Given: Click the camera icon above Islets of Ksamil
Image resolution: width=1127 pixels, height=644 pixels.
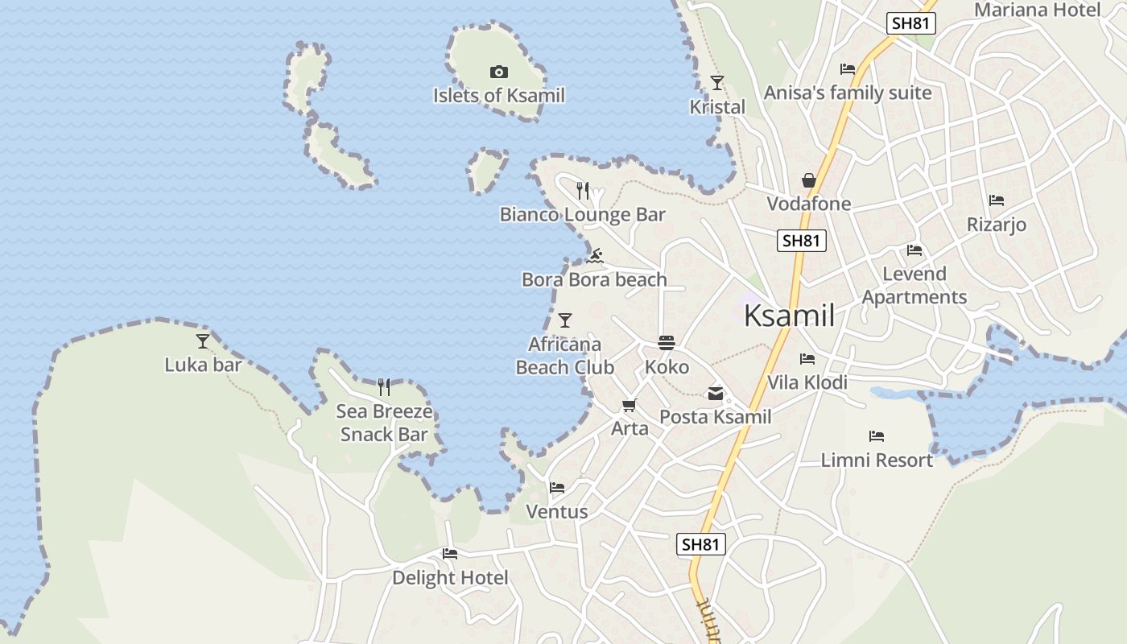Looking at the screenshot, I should point(499,72).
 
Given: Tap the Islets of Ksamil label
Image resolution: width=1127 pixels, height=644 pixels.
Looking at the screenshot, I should point(499,96).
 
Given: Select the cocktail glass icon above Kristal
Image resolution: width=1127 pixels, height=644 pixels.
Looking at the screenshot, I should point(717,83).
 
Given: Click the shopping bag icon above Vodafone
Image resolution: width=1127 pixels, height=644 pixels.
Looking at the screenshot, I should point(809,180).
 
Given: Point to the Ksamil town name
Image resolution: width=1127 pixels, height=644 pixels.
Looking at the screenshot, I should point(789,316).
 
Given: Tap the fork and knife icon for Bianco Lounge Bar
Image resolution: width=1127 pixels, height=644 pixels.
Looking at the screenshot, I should point(583,191).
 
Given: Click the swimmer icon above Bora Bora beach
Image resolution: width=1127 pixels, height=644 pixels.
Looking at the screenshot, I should point(595,257).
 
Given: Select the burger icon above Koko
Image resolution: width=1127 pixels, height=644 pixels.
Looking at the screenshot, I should point(667,343).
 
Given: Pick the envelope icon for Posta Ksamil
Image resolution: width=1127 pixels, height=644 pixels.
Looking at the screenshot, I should point(715,394).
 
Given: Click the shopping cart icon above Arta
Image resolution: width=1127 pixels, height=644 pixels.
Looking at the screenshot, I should point(629,405).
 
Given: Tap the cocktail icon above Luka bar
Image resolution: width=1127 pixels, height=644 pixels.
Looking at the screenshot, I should point(203,341).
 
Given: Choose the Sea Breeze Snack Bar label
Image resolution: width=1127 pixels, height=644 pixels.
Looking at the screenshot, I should point(384,423).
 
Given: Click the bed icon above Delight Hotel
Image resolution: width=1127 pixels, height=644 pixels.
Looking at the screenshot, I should point(450,554).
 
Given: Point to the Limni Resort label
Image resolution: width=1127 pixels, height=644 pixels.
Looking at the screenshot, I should point(877,460).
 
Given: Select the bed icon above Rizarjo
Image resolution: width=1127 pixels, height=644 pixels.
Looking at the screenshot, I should point(997,200).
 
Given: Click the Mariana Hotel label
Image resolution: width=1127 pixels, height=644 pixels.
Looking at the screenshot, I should point(1037,10).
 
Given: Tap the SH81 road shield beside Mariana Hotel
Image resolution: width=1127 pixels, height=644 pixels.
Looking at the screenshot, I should point(911,23).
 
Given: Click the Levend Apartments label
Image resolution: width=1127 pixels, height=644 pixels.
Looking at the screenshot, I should point(914,285).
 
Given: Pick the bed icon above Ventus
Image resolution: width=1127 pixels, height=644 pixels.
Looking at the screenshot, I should point(556,488).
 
